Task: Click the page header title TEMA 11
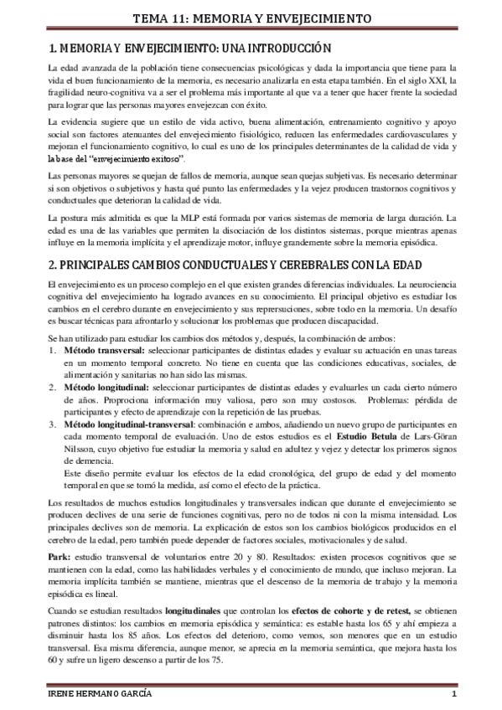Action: point(251,18)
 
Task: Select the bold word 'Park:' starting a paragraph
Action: point(60,557)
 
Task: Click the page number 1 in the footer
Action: point(453,696)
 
